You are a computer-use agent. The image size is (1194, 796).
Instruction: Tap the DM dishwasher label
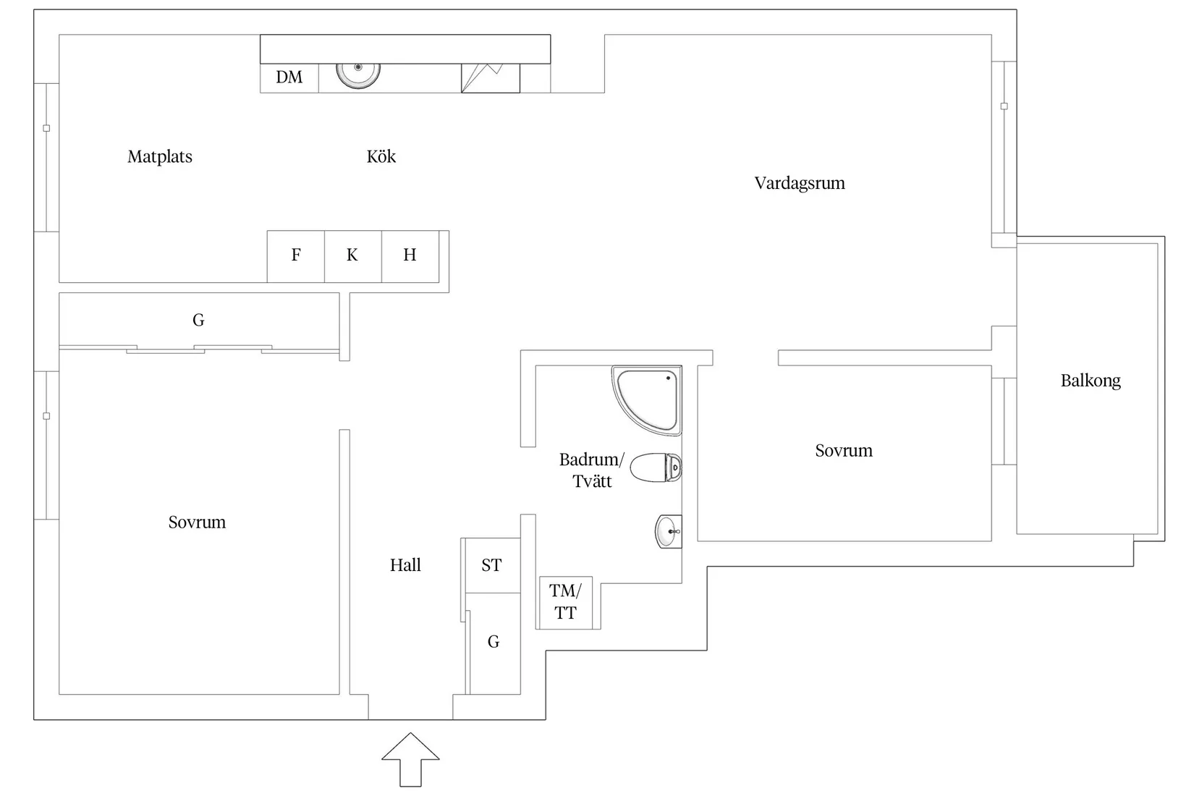[x=289, y=77]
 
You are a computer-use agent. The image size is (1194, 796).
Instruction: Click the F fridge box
[x=296, y=255]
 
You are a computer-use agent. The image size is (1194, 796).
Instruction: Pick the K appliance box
[x=352, y=255]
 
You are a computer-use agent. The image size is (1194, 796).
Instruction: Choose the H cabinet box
[x=410, y=255]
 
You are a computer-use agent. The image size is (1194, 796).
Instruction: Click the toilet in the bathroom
[x=656, y=467]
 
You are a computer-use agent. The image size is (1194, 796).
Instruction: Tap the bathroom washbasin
[x=667, y=532]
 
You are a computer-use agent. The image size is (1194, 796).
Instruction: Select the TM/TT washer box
[x=565, y=602]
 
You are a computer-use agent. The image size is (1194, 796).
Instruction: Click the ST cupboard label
[x=491, y=565]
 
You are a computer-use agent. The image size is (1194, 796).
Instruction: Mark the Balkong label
[x=1091, y=381]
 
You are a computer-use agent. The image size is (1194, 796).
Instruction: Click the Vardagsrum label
[x=800, y=183]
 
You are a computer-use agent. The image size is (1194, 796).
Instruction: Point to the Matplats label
[x=160, y=157]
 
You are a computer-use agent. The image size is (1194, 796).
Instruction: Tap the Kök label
[x=381, y=157]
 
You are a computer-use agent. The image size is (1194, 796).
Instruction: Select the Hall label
[x=405, y=565]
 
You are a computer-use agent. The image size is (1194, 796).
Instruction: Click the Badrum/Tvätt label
[x=591, y=470]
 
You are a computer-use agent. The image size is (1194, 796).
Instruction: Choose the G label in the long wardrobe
[x=198, y=320]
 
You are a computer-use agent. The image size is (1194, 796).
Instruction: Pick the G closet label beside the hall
[x=494, y=642]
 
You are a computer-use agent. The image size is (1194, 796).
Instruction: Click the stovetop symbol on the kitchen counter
[x=491, y=78]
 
